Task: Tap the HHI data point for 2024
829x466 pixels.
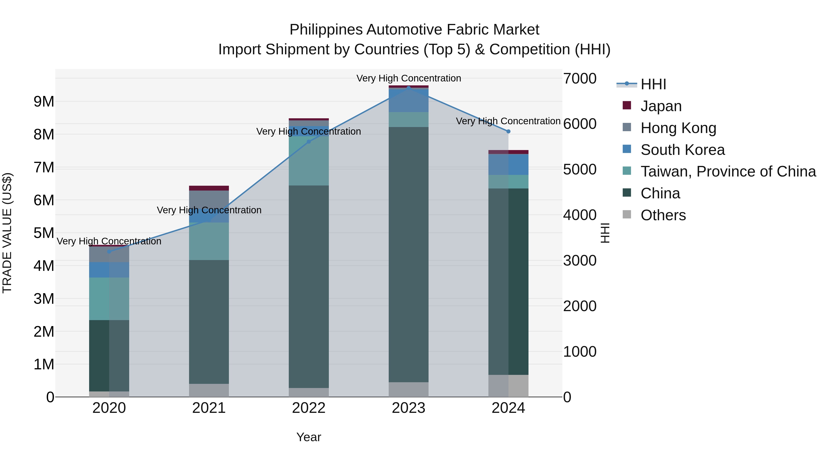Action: pyautogui.click(x=508, y=131)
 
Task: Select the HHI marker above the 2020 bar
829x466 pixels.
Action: pyautogui.click(x=109, y=252)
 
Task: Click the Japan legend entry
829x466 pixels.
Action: pyautogui.click(x=661, y=106)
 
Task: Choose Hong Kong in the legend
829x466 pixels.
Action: pyautogui.click(x=678, y=128)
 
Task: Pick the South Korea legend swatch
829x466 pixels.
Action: pyautogui.click(x=627, y=149)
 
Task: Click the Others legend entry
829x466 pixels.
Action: pyautogui.click(x=663, y=215)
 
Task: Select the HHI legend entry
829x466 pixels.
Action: pyautogui.click(x=653, y=84)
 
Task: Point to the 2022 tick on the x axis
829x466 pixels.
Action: pyautogui.click(x=309, y=408)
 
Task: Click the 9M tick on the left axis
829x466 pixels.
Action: pyautogui.click(x=44, y=102)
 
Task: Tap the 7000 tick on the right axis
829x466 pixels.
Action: pyautogui.click(x=580, y=78)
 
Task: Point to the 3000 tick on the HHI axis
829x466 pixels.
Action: pyautogui.click(x=580, y=260)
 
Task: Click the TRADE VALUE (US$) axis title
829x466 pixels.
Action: pyautogui.click(x=7, y=233)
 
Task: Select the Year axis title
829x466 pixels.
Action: pyautogui.click(x=309, y=437)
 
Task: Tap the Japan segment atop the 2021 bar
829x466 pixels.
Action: pyautogui.click(x=209, y=188)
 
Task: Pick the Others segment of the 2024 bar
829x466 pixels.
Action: pyautogui.click(x=508, y=386)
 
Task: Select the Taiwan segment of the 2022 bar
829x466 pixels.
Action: pyautogui.click(x=309, y=161)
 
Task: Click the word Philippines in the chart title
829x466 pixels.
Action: pyautogui.click(x=326, y=30)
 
